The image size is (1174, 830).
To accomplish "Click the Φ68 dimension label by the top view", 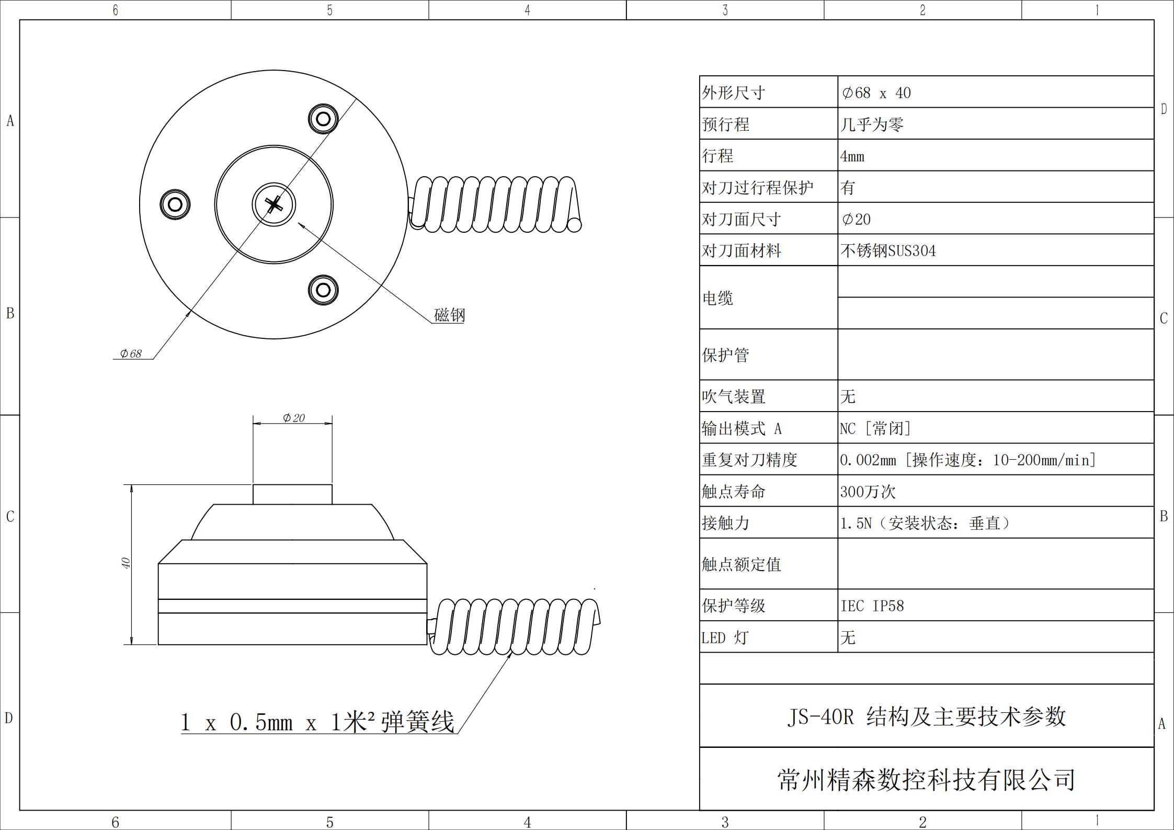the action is [131, 354].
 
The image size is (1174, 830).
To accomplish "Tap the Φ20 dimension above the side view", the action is [294, 418].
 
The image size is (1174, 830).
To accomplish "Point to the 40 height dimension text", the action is [126, 563].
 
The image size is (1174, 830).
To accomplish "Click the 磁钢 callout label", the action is [449, 315].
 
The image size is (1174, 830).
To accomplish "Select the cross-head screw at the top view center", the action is [273, 204].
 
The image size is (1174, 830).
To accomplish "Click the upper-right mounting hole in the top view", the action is [323, 119].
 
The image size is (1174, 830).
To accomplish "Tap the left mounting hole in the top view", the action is [175, 204].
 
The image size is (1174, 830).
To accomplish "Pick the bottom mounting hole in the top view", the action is [323, 290].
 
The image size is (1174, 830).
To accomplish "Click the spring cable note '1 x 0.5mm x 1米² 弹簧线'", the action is [317, 722].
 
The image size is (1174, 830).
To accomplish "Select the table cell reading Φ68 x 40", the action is [876, 93].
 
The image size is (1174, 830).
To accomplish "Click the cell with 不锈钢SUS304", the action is [888, 251].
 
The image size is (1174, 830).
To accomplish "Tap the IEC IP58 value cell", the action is [872, 606].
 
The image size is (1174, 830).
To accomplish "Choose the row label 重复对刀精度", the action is [749, 460].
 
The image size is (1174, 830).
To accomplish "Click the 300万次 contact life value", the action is [868, 492].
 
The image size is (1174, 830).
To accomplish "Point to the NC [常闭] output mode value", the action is [875, 429].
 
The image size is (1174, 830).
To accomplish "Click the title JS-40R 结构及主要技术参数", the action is [926, 717].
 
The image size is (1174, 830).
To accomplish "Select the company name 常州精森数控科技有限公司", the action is [926, 780].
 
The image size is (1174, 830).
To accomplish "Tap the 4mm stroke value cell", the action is [852, 156].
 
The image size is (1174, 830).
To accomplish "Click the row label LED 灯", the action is [725, 638].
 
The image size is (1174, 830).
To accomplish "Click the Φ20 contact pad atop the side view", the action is [292, 494].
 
